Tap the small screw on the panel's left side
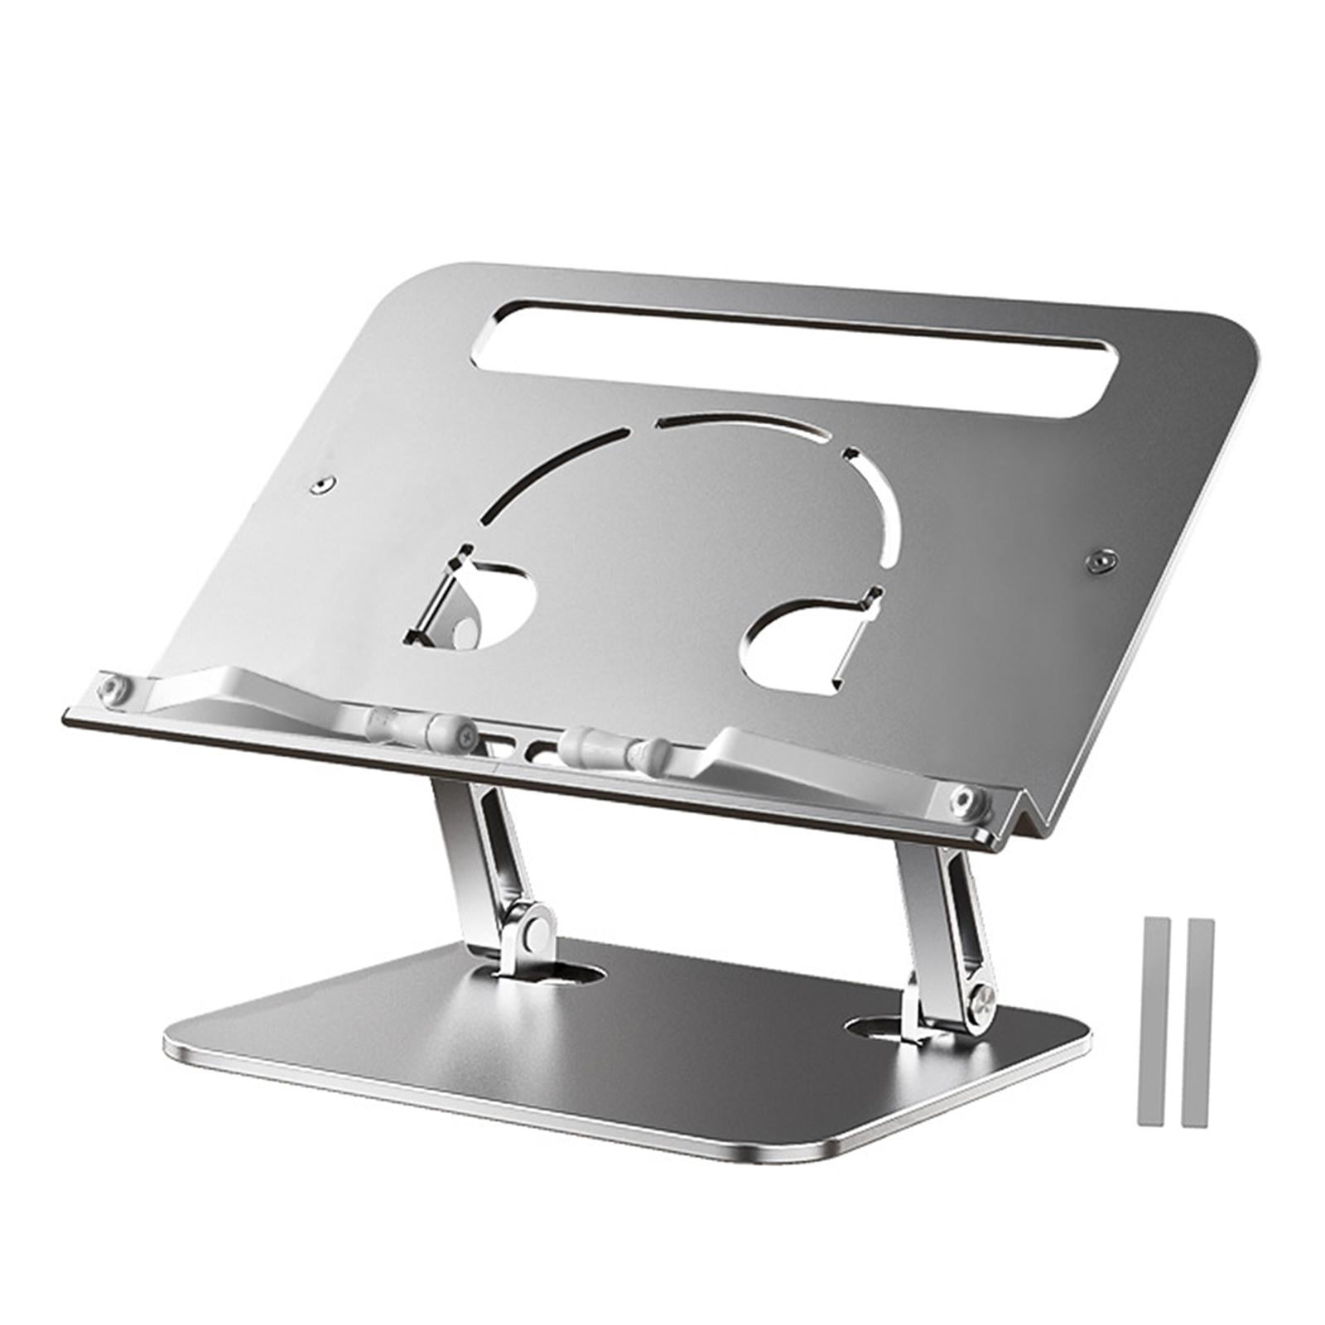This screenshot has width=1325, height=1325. (x=322, y=484)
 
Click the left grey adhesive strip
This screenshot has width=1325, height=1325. (x=1152, y=1021)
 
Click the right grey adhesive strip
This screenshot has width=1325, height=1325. (x=1197, y=1022)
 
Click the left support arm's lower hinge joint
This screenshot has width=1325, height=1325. (x=530, y=928)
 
